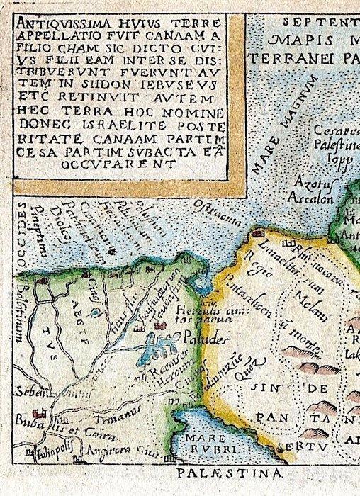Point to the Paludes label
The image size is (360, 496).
click(204, 339)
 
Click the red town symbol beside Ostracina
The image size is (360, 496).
click(259, 233)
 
